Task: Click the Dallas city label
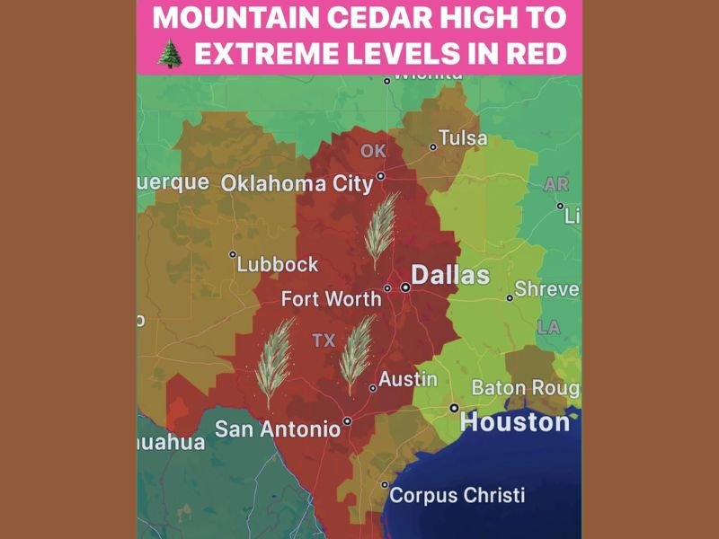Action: coord(450,275)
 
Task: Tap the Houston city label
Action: coord(515,422)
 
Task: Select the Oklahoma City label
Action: coord(297,183)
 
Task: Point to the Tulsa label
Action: coord(464,138)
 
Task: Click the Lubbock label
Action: coord(278,264)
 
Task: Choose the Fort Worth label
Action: coord(331,299)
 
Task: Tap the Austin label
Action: coord(407,379)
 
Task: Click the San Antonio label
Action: coord(278,429)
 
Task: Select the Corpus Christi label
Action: coord(457,495)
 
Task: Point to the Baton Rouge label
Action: coord(525,388)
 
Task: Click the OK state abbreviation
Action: coord(373,151)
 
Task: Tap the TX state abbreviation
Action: coord(323,341)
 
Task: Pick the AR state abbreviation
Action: coord(556,184)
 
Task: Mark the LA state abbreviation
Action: coord(548,328)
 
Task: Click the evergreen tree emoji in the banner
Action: coord(170,53)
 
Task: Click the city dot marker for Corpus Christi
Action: coord(385,485)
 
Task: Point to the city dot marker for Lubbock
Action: coord(233,254)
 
